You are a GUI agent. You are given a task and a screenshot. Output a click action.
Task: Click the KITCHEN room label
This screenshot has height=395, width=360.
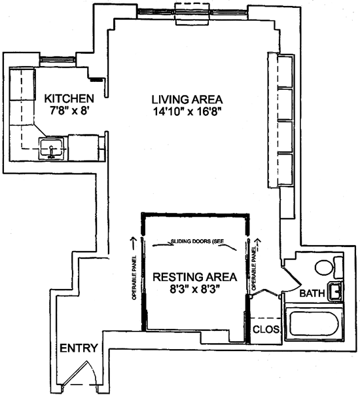(x=69, y=98)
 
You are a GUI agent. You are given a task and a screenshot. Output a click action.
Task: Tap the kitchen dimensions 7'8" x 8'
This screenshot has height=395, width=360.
(x=69, y=111)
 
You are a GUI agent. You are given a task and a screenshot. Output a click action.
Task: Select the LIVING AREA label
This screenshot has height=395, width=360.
(x=187, y=100)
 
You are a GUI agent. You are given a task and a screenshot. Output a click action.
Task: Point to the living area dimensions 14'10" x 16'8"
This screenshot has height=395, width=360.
(x=187, y=111)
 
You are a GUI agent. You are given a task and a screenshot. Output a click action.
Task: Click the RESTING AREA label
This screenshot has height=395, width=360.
(x=195, y=277)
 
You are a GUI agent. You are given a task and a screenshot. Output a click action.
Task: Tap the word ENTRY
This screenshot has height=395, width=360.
(x=79, y=348)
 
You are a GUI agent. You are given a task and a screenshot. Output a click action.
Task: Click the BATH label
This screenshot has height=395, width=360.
(x=312, y=293)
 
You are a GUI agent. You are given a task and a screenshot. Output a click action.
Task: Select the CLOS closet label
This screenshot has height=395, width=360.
(x=266, y=329)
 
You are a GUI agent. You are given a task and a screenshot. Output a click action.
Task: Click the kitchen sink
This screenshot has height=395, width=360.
(x=51, y=149)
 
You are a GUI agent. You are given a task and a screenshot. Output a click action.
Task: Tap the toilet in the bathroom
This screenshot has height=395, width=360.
(x=329, y=267)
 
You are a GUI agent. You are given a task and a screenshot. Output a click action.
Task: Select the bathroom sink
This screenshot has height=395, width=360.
(x=335, y=292)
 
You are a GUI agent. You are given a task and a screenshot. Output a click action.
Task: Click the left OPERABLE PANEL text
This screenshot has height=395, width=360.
(x=134, y=278)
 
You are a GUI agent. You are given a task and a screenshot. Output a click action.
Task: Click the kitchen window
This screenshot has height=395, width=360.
(x=58, y=60)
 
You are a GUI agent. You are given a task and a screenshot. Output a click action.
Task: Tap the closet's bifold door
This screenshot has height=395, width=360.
(x=265, y=293)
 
